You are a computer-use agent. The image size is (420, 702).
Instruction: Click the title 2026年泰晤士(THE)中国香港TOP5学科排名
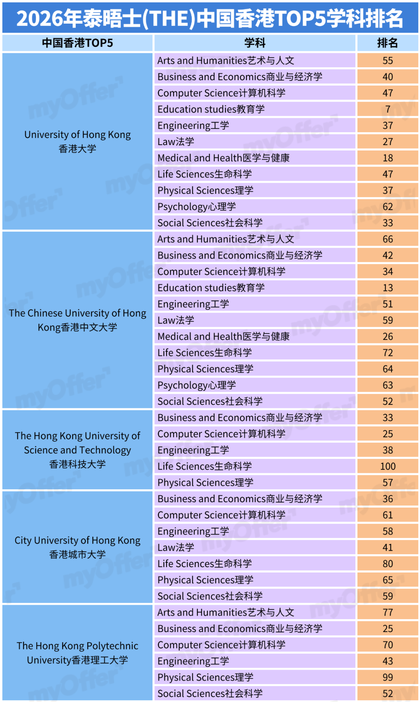coord(210,18)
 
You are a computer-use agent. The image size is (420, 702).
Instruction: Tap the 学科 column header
coord(255,43)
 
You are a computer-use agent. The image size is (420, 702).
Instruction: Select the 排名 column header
coord(387,43)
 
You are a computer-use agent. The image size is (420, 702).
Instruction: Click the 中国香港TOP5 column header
coord(77,43)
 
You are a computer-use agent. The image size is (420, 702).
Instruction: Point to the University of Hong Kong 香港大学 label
coord(77,142)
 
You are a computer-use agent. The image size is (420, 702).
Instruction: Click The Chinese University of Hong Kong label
coord(77,320)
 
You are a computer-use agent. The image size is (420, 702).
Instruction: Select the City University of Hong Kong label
coord(77,547)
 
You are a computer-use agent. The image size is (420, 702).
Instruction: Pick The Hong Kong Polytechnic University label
coord(77,653)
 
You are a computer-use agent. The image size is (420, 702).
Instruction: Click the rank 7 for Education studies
coord(387,109)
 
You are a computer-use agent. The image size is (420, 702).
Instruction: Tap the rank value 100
coord(387,466)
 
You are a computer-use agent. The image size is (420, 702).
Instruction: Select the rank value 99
coord(387,677)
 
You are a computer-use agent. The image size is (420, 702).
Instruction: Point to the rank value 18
coord(387,158)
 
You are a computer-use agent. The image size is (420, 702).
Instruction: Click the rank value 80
coord(387,564)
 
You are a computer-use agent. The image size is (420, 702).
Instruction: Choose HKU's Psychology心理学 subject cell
coord(197,207)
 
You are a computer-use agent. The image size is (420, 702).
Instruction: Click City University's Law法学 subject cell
coord(176,548)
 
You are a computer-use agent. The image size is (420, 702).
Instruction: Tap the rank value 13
coord(387,288)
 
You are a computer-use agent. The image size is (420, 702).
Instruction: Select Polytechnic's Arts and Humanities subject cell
coord(226,612)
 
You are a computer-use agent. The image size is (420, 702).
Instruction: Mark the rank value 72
coord(387,353)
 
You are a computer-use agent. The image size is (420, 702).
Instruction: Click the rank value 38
coord(387,450)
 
